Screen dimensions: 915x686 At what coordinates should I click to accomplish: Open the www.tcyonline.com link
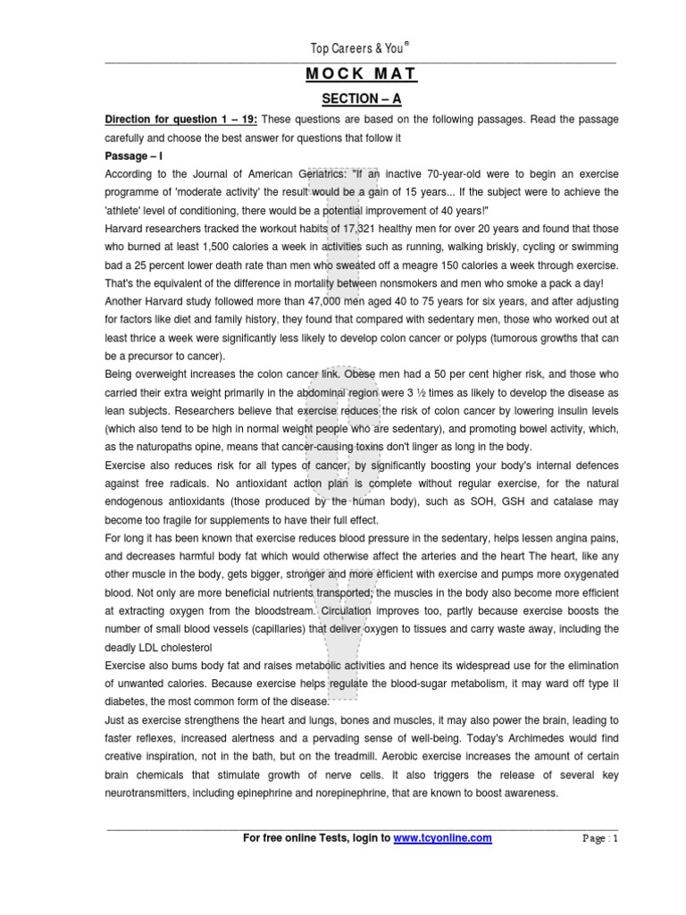(443, 838)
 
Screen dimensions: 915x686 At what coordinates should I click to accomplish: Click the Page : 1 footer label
(599, 839)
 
